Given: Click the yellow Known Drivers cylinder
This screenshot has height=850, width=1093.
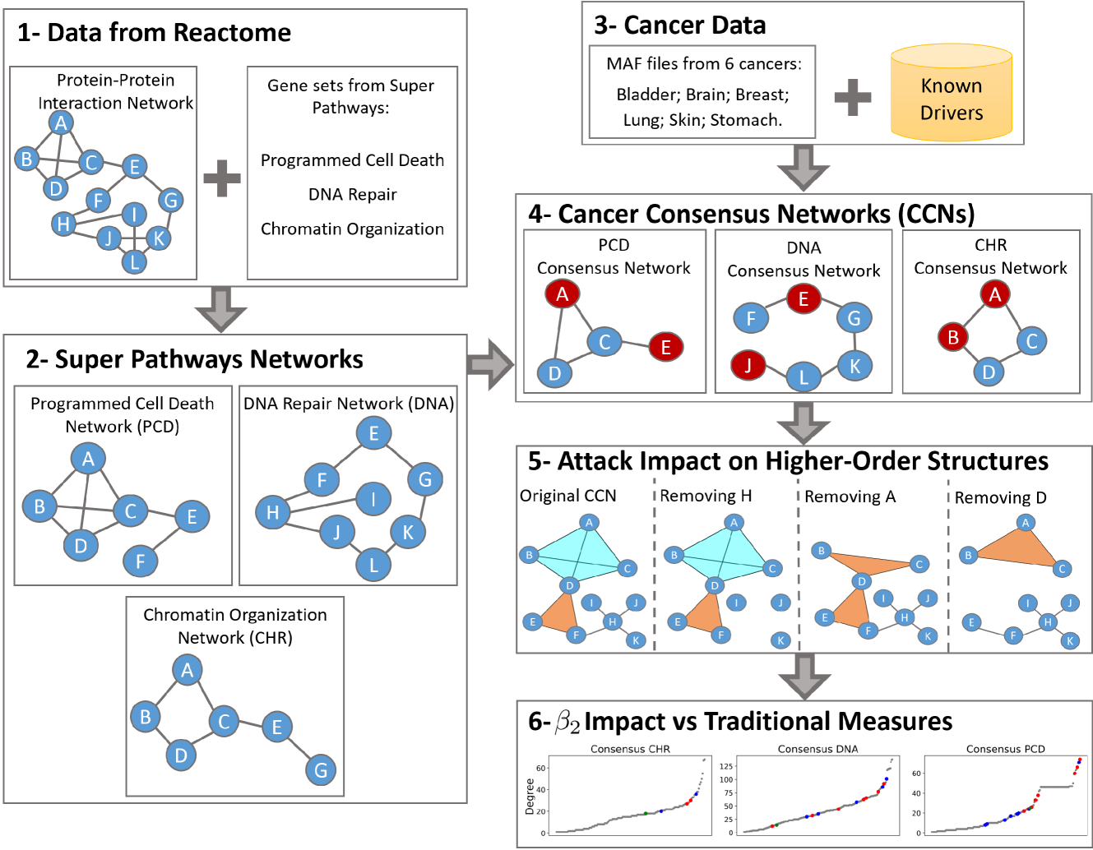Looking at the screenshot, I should coord(952,94).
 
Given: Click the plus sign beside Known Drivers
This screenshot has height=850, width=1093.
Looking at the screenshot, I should coord(853,97).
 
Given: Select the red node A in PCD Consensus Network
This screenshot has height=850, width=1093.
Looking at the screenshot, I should coord(563,294).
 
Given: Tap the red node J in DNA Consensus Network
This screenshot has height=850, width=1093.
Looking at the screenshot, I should coord(748,364).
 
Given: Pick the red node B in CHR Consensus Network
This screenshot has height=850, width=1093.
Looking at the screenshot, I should coord(953,337).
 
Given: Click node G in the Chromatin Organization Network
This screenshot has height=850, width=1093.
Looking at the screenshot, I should coord(321,770).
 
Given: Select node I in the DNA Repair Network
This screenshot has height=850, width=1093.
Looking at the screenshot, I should coord(373,498).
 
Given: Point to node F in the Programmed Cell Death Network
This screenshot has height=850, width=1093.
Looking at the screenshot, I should coord(140,561).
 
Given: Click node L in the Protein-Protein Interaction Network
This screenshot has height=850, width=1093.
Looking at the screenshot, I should coord(134,262).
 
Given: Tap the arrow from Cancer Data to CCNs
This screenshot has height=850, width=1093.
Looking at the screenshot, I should coord(803,168).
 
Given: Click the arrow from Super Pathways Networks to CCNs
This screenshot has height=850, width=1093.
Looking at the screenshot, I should coord(490,364).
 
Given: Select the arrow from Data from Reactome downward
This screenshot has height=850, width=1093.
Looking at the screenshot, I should coord(221,309).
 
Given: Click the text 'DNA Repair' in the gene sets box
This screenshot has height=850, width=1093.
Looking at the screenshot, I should coord(352,195).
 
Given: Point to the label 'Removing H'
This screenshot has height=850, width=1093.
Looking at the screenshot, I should coord(706,497).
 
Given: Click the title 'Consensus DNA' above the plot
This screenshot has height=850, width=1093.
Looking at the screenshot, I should coord(817,749).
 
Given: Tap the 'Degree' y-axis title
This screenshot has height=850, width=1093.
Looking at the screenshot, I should coord(530,796).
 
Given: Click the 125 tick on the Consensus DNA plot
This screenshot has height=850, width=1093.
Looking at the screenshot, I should coord(726,766).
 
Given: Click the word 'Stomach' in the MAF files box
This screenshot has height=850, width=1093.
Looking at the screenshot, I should coord(745,120).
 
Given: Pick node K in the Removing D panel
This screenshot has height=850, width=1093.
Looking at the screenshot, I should coord(1070,640).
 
